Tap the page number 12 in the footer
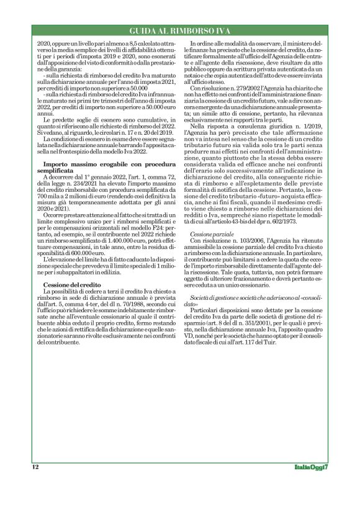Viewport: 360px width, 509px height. (x=35, y=466)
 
